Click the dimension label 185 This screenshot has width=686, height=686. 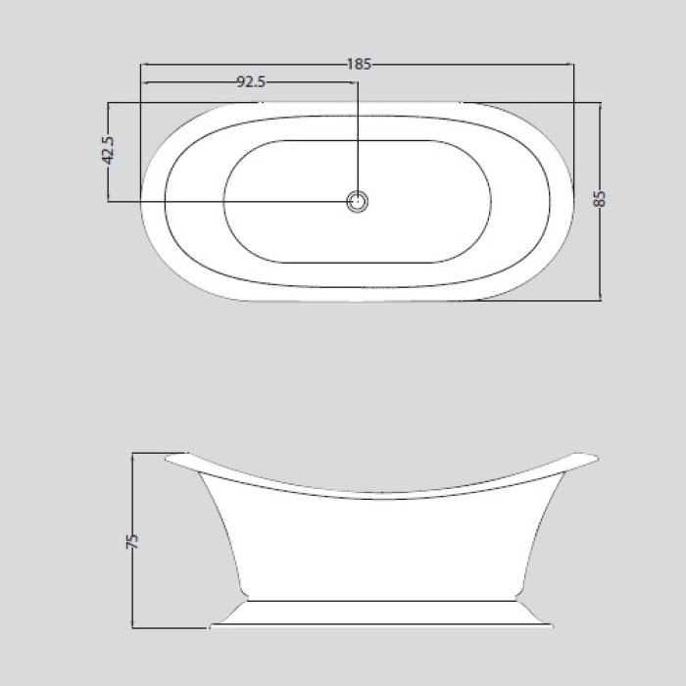click(360, 64)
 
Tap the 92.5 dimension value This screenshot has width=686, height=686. click(251, 82)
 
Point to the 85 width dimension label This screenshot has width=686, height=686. click(601, 199)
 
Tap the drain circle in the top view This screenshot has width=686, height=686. click(359, 201)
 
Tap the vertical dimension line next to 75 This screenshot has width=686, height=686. click(134, 588)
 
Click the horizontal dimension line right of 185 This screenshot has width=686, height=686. click(470, 65)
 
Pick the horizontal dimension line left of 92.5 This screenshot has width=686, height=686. click(191, 82)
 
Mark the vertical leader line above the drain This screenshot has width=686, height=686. click(359, 137)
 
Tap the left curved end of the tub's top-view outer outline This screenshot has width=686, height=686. click(144, 200)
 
